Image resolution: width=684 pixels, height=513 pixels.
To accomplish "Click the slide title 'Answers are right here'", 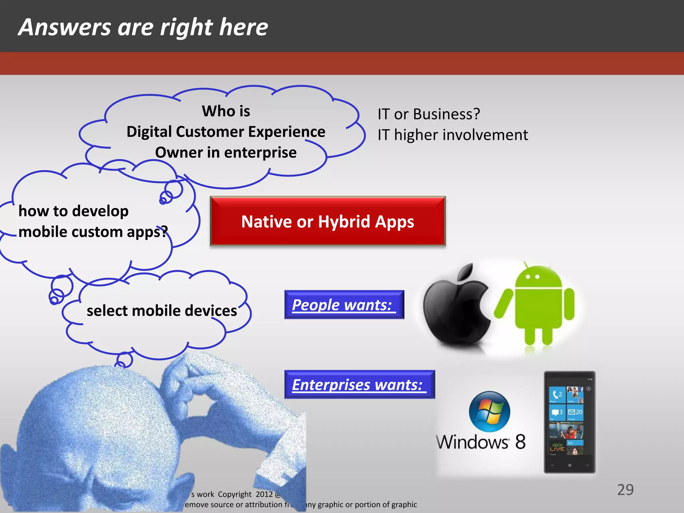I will (143, 27).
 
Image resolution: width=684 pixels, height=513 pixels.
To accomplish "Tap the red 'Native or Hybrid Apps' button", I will (328, 221).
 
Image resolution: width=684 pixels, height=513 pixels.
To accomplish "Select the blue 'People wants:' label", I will (344, 305).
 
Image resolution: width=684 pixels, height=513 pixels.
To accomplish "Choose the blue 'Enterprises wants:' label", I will (359, 384).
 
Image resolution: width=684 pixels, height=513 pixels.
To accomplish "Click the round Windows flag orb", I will (490, 412).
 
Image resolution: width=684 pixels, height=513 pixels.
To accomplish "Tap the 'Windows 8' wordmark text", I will (481, 442).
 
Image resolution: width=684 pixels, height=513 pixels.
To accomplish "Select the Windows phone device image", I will (569, 422).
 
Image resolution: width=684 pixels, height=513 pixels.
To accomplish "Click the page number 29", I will (625, 490).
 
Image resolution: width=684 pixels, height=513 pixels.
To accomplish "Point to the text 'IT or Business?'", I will (429, 114).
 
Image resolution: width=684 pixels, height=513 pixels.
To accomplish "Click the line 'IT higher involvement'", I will (453, 135).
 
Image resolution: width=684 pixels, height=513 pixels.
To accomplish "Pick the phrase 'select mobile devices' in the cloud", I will (162, 311).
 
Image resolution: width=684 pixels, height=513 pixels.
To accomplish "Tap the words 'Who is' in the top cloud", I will (226, 111).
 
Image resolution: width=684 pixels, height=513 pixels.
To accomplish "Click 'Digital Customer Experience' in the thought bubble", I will (226, 132).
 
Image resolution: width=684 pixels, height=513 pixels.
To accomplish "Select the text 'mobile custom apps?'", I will (93, 232).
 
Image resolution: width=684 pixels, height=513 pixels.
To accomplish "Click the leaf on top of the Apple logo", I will (466, 272).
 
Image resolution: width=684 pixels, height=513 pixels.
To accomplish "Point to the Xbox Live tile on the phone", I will (557, 447).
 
